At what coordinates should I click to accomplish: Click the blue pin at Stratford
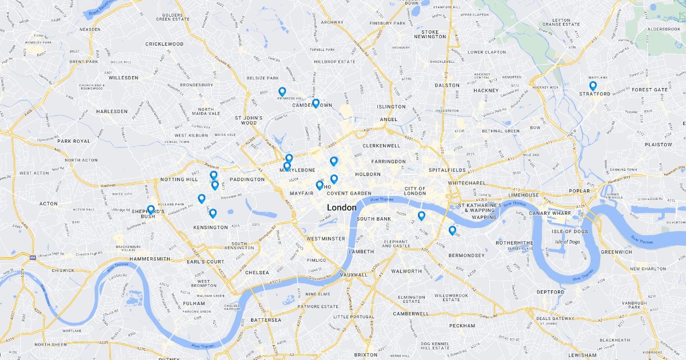[593, 86]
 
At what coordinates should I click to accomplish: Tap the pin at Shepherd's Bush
[151, 210]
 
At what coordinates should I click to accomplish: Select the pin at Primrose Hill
[282, 91]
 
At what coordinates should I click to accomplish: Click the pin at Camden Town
[316, 103]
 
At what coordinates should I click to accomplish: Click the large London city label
[342, 207]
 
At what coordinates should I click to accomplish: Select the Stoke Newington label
[429, 34]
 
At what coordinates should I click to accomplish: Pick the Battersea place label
[266, 320]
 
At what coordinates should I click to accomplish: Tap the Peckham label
[462, 326]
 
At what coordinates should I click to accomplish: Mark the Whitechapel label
[466, 183]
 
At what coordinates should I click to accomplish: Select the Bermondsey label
[466, 255]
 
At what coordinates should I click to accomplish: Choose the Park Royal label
[74, 141]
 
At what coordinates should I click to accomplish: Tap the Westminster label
[325, 238]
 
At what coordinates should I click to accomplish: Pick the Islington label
[391, 107]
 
